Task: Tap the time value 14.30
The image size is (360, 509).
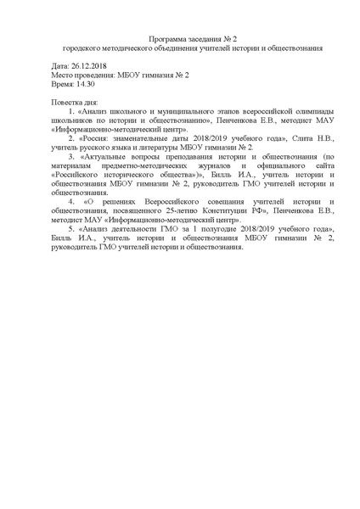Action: tap(82, 86)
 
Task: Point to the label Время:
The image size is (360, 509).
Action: tap(61, 86)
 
